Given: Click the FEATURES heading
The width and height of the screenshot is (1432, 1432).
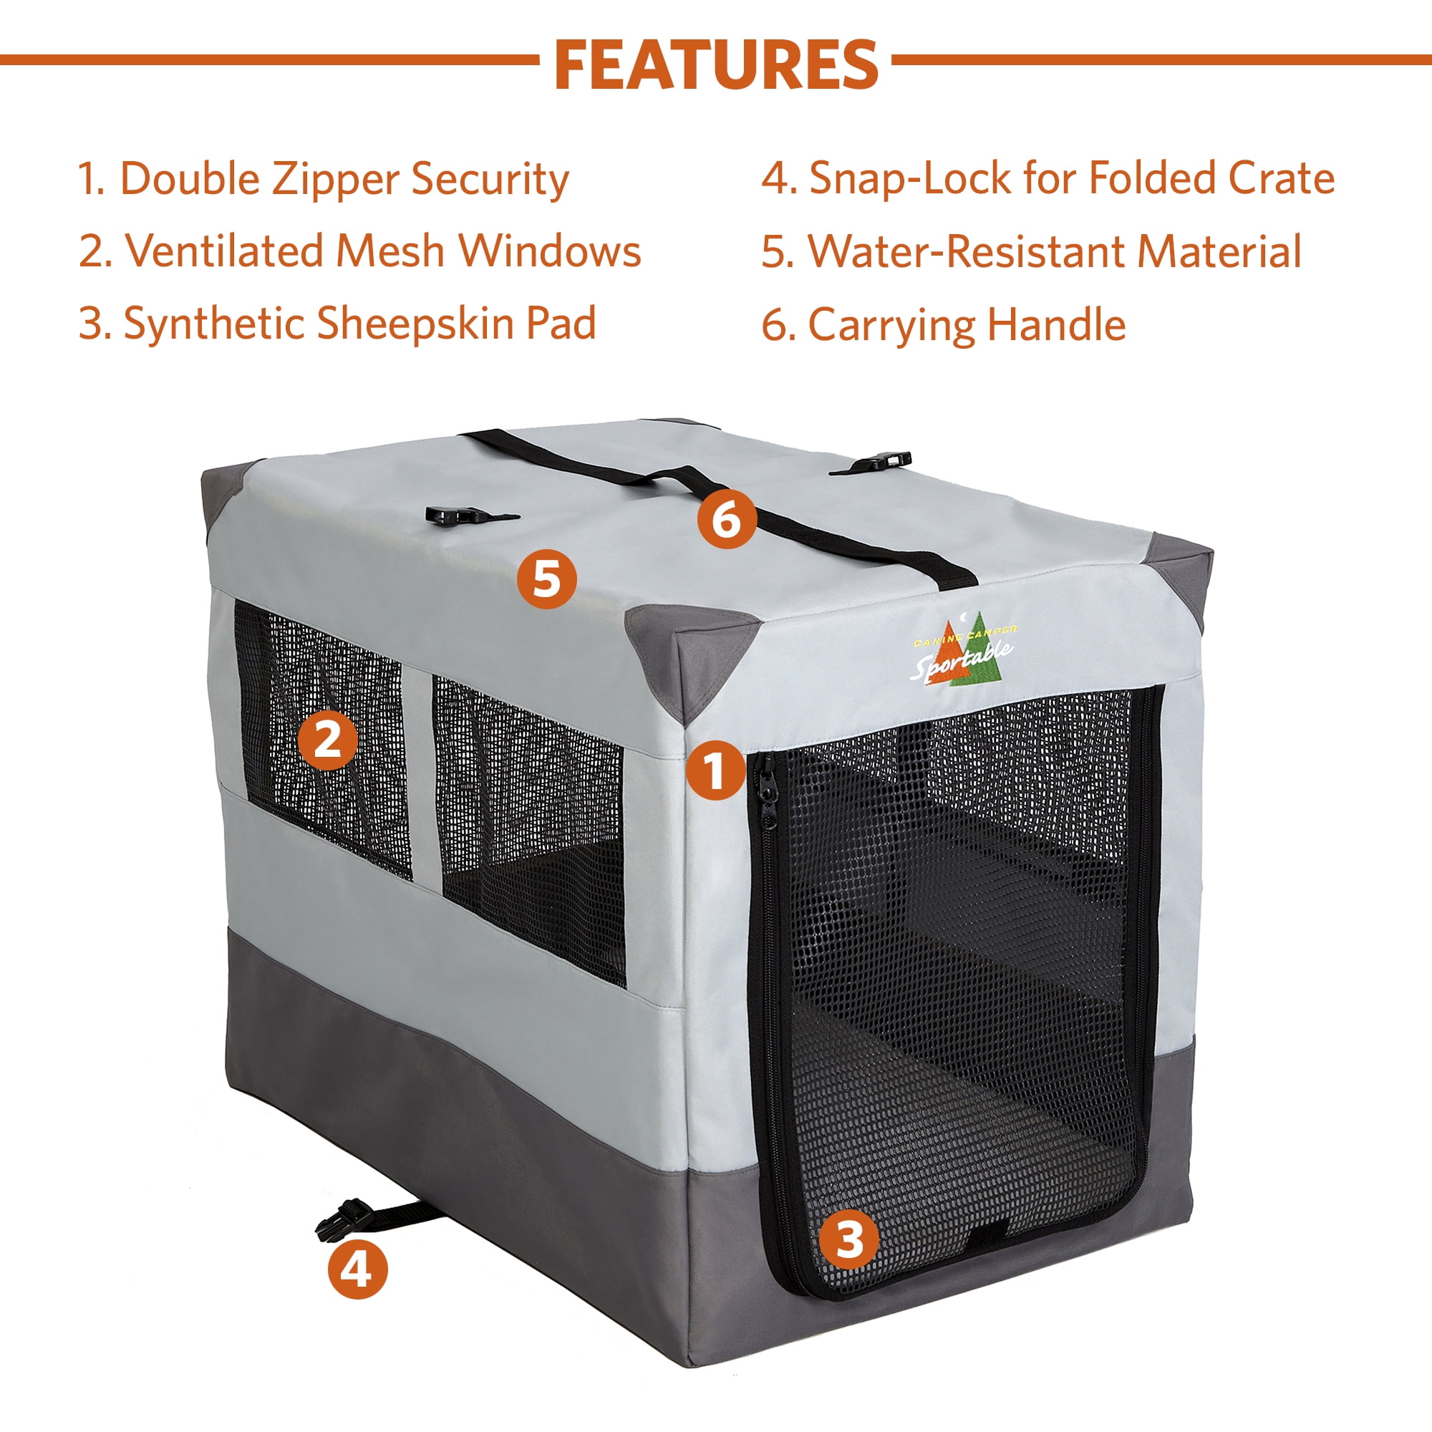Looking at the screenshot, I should pyautogui.click(x=716, y=64).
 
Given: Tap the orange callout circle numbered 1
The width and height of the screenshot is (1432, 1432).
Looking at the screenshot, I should pyautogui.click(x=715, y=771).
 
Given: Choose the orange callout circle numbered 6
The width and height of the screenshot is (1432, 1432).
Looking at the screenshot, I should pyautogui.click(x=726, y=519).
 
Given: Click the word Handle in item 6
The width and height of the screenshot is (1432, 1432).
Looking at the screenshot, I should pyautogui.click(x=1056, y=324).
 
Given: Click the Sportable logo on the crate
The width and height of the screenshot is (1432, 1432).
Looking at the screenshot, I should pyautogui.click(x=962, y=654).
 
